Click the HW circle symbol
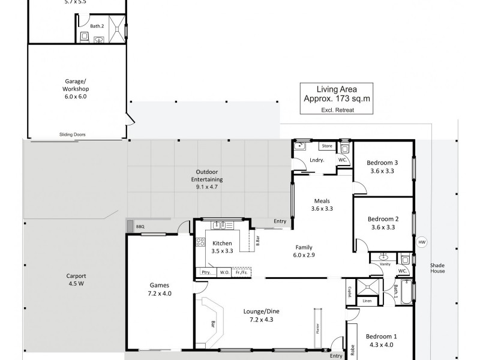pyautogui.click(x=421, y=242)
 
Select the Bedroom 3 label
pyautogui.click(x=383, y=163)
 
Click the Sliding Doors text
pyautogui.click(x=72, y=135)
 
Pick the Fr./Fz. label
pyautogui.click(x=241, y=272)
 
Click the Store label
pyautogui.click(x=327, y=146)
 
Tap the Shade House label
pyautogui.click(x=437, y=268)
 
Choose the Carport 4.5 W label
pyautogui.click(x=76, y=280)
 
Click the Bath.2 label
pyautogui.click(x=97, y=26)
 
